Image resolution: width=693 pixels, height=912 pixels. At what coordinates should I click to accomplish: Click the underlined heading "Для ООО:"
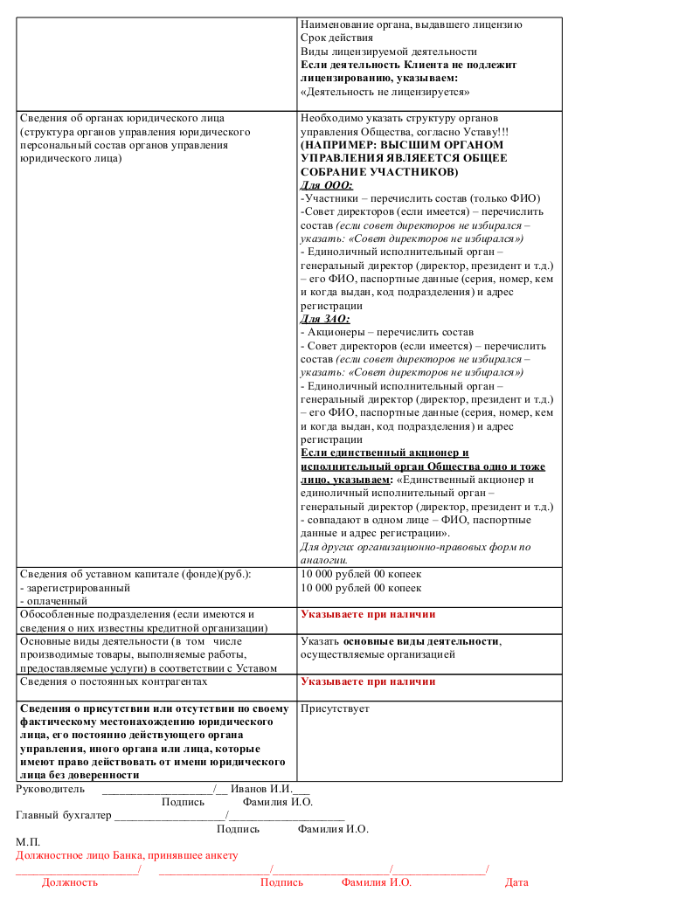(x=327, y=185)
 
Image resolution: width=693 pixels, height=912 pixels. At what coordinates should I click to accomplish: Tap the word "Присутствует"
(x=335, y=708)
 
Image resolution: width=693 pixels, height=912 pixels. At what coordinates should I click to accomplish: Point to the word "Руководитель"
(x=51, y=789)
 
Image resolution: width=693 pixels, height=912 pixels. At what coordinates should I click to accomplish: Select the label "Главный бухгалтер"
(x=64, y=815)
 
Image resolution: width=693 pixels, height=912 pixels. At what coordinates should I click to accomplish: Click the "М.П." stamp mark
(x=28, y=842)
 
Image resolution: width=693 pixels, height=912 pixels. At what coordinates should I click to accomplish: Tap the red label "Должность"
(x=70, y=882)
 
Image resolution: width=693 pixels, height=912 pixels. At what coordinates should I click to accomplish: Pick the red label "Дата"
(x=516, y=882)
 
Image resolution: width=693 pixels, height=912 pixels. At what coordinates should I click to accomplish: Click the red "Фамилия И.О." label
(x=376, y=882)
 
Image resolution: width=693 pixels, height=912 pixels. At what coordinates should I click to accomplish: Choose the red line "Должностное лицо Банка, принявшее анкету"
(x=127, y=856)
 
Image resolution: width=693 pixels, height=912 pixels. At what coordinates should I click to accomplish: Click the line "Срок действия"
(x=336, y=38)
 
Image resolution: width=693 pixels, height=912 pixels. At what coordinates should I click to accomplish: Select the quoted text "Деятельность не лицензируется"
(x=385, y=92)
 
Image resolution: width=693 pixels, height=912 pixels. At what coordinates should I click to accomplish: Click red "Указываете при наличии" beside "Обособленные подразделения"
(x=368, y=615)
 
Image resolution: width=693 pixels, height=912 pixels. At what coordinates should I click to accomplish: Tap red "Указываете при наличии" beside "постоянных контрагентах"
(x=368, y=682)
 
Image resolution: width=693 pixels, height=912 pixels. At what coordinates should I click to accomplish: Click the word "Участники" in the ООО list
(x=331, y=198)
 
